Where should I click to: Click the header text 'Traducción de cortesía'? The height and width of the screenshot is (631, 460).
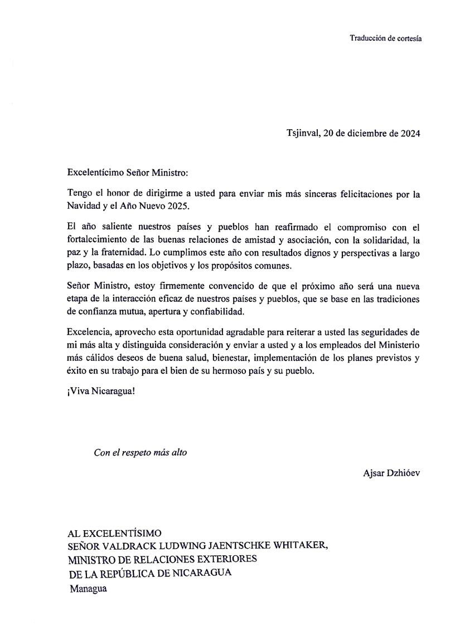click(385, 38)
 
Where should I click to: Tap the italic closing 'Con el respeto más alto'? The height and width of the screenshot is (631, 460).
click(140, 452)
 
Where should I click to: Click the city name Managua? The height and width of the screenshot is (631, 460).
click(88, 588)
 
